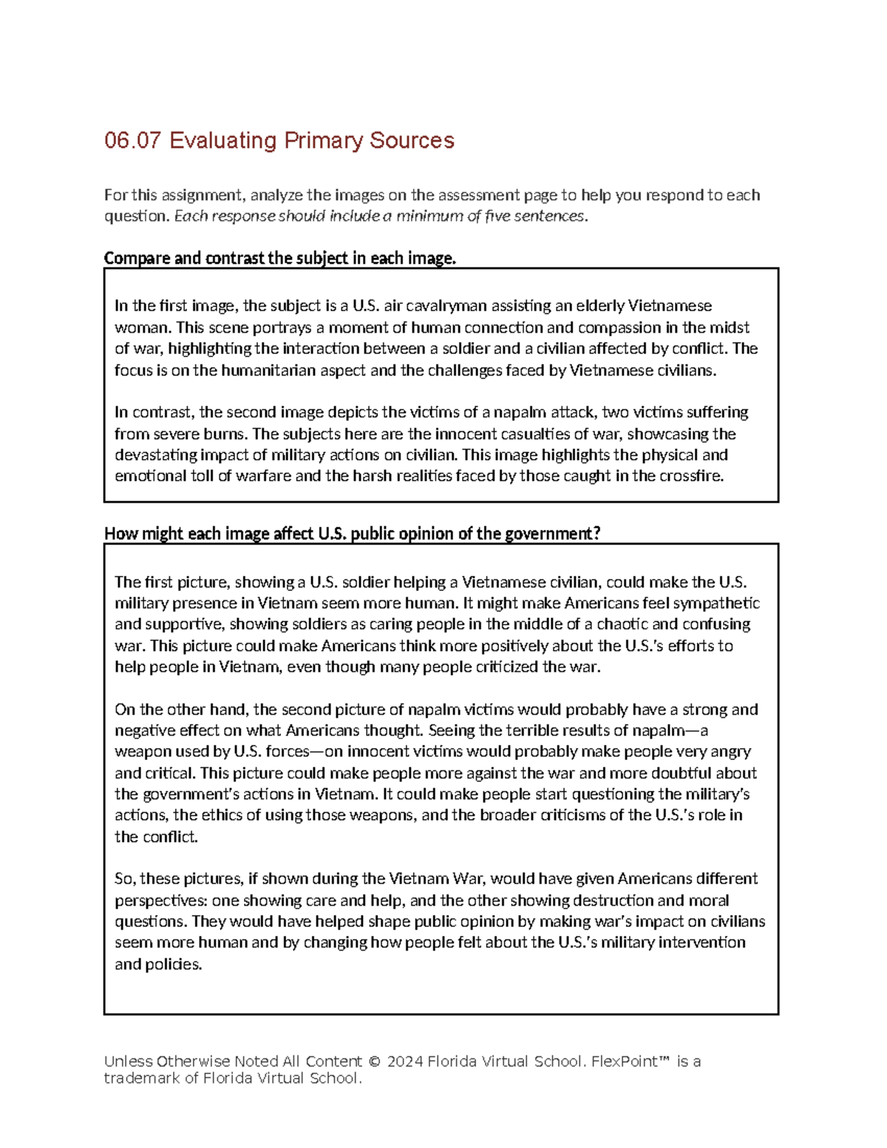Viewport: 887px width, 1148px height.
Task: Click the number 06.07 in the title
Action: [132, 140]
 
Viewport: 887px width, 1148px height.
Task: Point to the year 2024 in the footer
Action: [405, 1062]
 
